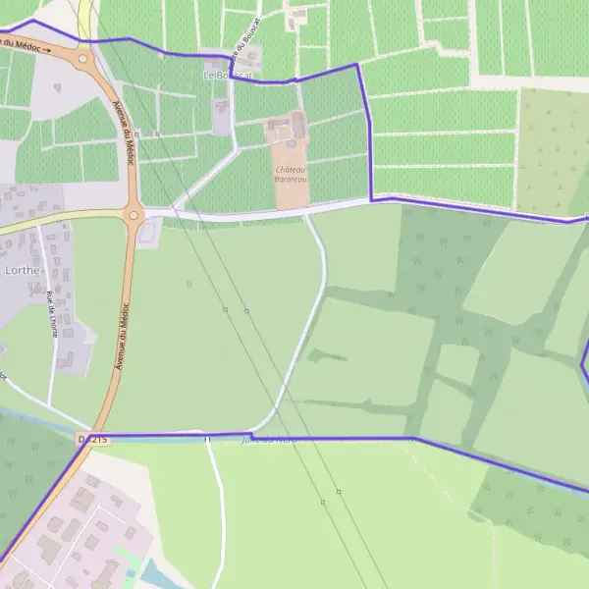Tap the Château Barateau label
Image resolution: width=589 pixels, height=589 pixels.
tap(292, 173)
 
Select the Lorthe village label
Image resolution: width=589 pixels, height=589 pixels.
tap(23, 269)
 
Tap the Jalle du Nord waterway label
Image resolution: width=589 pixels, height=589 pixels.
tap(269, 439)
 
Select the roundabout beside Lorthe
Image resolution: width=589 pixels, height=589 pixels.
tap(134, 214)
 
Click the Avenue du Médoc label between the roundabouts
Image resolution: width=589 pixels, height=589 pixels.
tap(126, 133)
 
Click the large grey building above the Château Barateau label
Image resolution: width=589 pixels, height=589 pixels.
tap(298, 125)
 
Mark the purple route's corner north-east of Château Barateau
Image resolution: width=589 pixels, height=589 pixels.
tap(356, 65)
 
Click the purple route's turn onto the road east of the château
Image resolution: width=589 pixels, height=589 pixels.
tap(372, 199)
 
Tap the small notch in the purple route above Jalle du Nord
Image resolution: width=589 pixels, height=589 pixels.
tap(251, 433)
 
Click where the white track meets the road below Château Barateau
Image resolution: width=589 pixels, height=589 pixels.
tap(305, 213)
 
